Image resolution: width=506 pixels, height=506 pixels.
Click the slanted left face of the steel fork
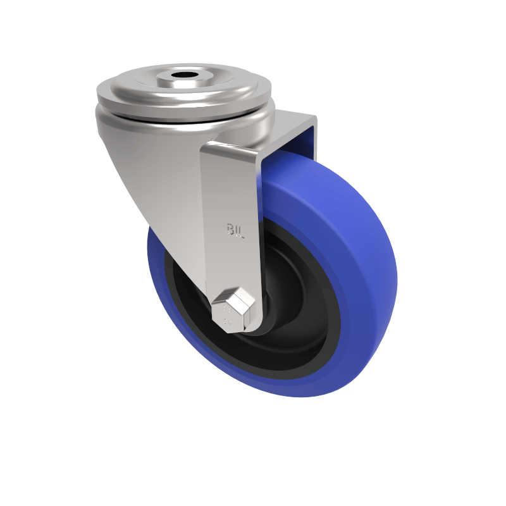(164, 190)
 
